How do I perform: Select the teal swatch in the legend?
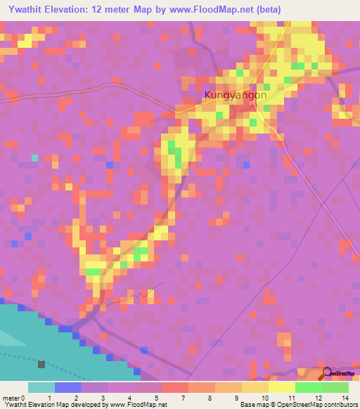(41, 387)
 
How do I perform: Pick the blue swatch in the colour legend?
(68, 387)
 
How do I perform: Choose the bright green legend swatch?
(309, 387)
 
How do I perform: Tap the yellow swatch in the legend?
(282, 387)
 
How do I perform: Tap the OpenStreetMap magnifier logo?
(326, 374)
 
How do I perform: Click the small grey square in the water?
(41, 364)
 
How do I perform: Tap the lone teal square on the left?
(34, 157)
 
